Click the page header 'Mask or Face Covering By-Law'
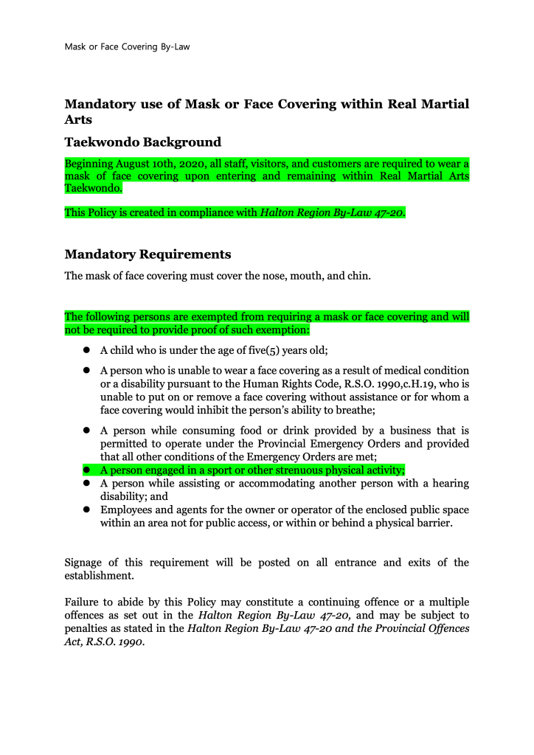click(128, 46)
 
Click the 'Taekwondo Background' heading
click(143, 142)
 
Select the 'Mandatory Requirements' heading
click(148, 254)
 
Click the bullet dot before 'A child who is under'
click(86, 350)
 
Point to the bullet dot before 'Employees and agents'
click(86, 509)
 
